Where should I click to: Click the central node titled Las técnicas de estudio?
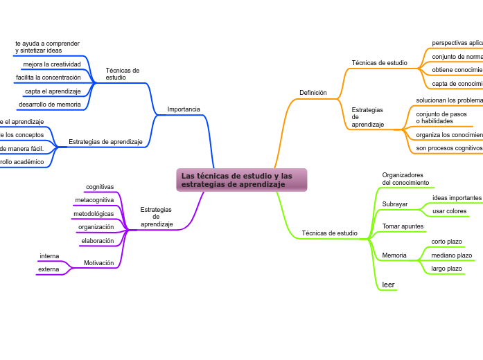click(x=241, y=180)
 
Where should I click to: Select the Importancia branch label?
click(x=184, y=109)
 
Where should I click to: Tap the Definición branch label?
click(x=313, y=92)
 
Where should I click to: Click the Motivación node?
click(x=98, y=263)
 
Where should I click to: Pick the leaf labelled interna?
click(x=49, y=256)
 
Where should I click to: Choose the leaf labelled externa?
click(x=49, y=269)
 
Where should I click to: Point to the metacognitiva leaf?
click(x=94, y=200)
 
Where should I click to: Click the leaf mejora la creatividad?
click(x=52, y=64)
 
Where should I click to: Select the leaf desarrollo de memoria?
click(x=50, y=105)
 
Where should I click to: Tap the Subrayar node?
click(x=395, y=204)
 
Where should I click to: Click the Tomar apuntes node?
click(x=403, y=226)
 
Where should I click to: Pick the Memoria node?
click(x=394, y=255)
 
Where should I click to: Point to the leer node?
click(x=388, y=285)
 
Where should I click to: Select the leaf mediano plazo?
click(x=451, y=255)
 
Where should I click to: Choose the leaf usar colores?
click(x=449, y=211)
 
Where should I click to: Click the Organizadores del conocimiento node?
click(x=405, y=179)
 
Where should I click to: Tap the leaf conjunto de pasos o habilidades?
click(x=441, y=117)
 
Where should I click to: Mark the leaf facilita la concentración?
click(x=49, y=78)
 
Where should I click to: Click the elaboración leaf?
click(x=97, y=241)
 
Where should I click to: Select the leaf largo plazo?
click(x=446, y=269)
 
